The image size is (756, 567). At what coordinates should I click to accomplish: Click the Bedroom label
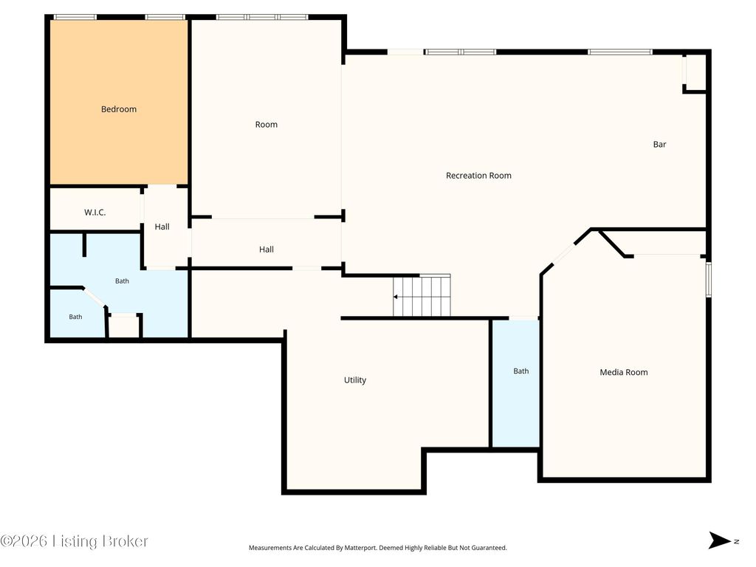pyautogui.click(x=119, y=109)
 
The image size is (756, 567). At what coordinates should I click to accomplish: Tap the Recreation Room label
pyautogui.click(x=478, y=176)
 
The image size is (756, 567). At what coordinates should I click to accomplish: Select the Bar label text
pyautogui.click(x=659, y=144)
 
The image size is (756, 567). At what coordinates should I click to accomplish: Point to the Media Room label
pyautogui.click(x=623, y=372)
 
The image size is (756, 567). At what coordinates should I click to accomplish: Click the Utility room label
pyautogui.click(x=355, y=380)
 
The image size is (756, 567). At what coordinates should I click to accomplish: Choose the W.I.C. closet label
pyautogui.click(x=95, y=212)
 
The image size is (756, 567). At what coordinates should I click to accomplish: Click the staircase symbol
pyautogui.click(x=422, y=295)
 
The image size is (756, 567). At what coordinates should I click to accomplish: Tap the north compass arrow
pyautogui.click(x=719, y=540)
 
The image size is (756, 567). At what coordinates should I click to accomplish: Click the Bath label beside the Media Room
pyautogui.click(x=520, y=371)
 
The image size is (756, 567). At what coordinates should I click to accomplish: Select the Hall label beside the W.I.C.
pyautogui.click(x=162, y=227)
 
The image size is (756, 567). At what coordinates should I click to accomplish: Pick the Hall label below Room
pyautogui.click(x=266, y=250)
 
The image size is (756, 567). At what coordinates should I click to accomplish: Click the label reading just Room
pyautogui.click(x=266, y=124)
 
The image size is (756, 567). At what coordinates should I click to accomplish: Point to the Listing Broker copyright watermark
pyautogui.click(x=74, y=541)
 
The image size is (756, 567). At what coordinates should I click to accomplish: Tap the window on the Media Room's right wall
pyautogui.click(x=709, y=280)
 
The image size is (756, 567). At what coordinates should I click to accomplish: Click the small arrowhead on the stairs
pyautogui.click(x=396, y=297)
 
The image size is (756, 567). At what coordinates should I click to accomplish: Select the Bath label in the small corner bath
pyautogui.click(x=75, y=317)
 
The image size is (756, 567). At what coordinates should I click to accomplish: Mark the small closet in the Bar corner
pyautogui.click(x=695, y=72)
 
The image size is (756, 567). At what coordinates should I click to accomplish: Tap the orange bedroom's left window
pyautogui.click(x=75, y=18)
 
